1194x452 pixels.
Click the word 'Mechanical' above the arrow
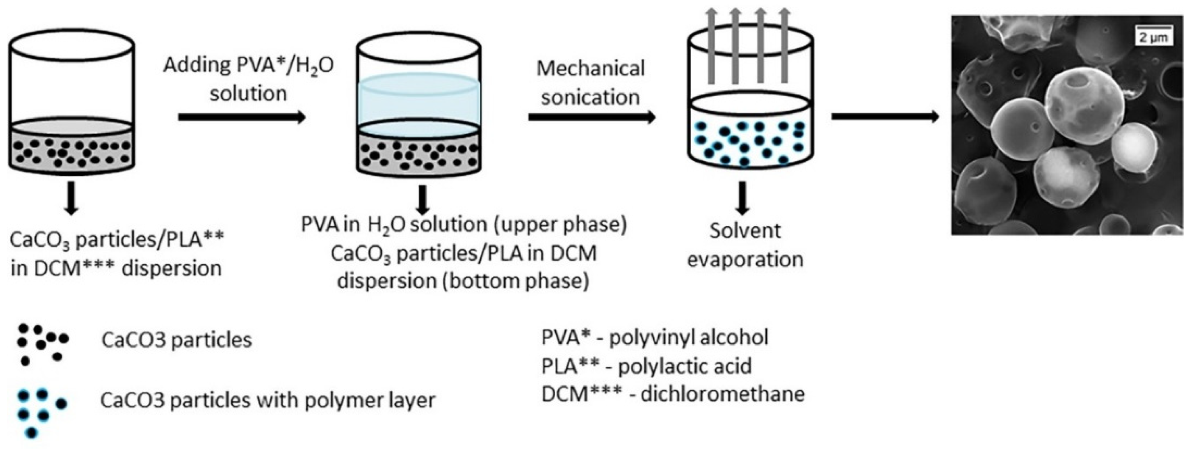(x=590, y=69)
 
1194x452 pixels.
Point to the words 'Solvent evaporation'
(x=745, y=245)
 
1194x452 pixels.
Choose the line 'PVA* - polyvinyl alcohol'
(x=655, y=337)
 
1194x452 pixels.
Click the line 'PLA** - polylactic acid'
(x=646, y=366)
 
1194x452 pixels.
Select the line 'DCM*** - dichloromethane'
(x=673, y=394)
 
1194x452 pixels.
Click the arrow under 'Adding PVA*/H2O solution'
(x=242, y=117)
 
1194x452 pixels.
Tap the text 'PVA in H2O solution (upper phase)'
(x=464, y=225)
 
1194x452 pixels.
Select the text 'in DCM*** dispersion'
(x=116, y=269)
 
